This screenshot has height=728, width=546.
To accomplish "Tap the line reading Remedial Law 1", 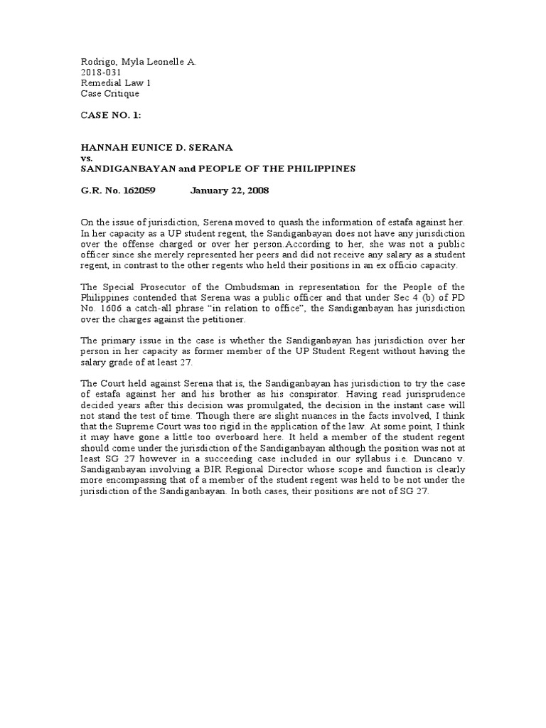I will pyautogui.click(x=116, y=83).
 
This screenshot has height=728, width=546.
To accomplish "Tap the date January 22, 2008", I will pyautogui.click(x=230, y=191).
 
